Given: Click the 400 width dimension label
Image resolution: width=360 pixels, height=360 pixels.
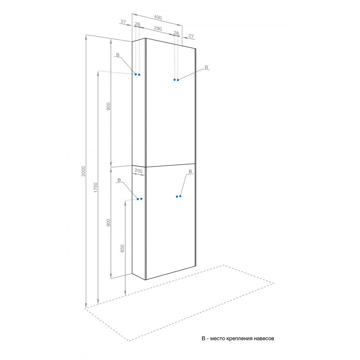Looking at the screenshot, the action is [x=158, y=17].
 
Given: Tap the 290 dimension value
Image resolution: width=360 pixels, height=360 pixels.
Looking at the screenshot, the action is [x=158, y=28].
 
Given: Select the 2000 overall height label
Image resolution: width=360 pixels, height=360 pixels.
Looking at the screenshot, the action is [x=84, y=171].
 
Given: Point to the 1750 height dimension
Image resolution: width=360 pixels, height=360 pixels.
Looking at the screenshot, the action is [x=96, y=188].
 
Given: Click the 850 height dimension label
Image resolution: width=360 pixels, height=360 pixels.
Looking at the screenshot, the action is [x=122, y=248].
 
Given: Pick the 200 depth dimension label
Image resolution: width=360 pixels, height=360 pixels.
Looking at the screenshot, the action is [x=139, y=171].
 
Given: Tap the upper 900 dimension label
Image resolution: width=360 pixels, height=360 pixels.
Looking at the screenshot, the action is [x=108, y=106].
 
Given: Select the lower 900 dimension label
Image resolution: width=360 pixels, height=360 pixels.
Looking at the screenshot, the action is [x=108, y=222].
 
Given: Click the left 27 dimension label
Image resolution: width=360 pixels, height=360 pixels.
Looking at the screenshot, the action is [x=123, y=22].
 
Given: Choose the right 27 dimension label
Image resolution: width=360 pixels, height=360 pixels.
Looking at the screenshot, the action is [x=191, y=36].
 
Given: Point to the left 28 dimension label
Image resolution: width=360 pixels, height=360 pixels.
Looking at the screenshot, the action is [x=138, y=24].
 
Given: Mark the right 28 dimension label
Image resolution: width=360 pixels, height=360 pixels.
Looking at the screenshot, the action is [x=176, y=33].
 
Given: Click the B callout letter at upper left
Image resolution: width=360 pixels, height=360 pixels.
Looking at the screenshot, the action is [x=118, y=55].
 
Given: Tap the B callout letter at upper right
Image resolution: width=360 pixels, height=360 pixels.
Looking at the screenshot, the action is [x=206, y=67].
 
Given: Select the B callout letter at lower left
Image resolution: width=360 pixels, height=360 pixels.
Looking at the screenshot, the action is [x=119, y=180].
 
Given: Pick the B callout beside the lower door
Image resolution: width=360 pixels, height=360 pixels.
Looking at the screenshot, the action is [x=190, y=171].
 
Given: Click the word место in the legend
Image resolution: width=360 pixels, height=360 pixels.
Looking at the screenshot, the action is [x=218, y=338].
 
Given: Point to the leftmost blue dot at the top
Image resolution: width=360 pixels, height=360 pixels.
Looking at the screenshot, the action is [x=136, y=75].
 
